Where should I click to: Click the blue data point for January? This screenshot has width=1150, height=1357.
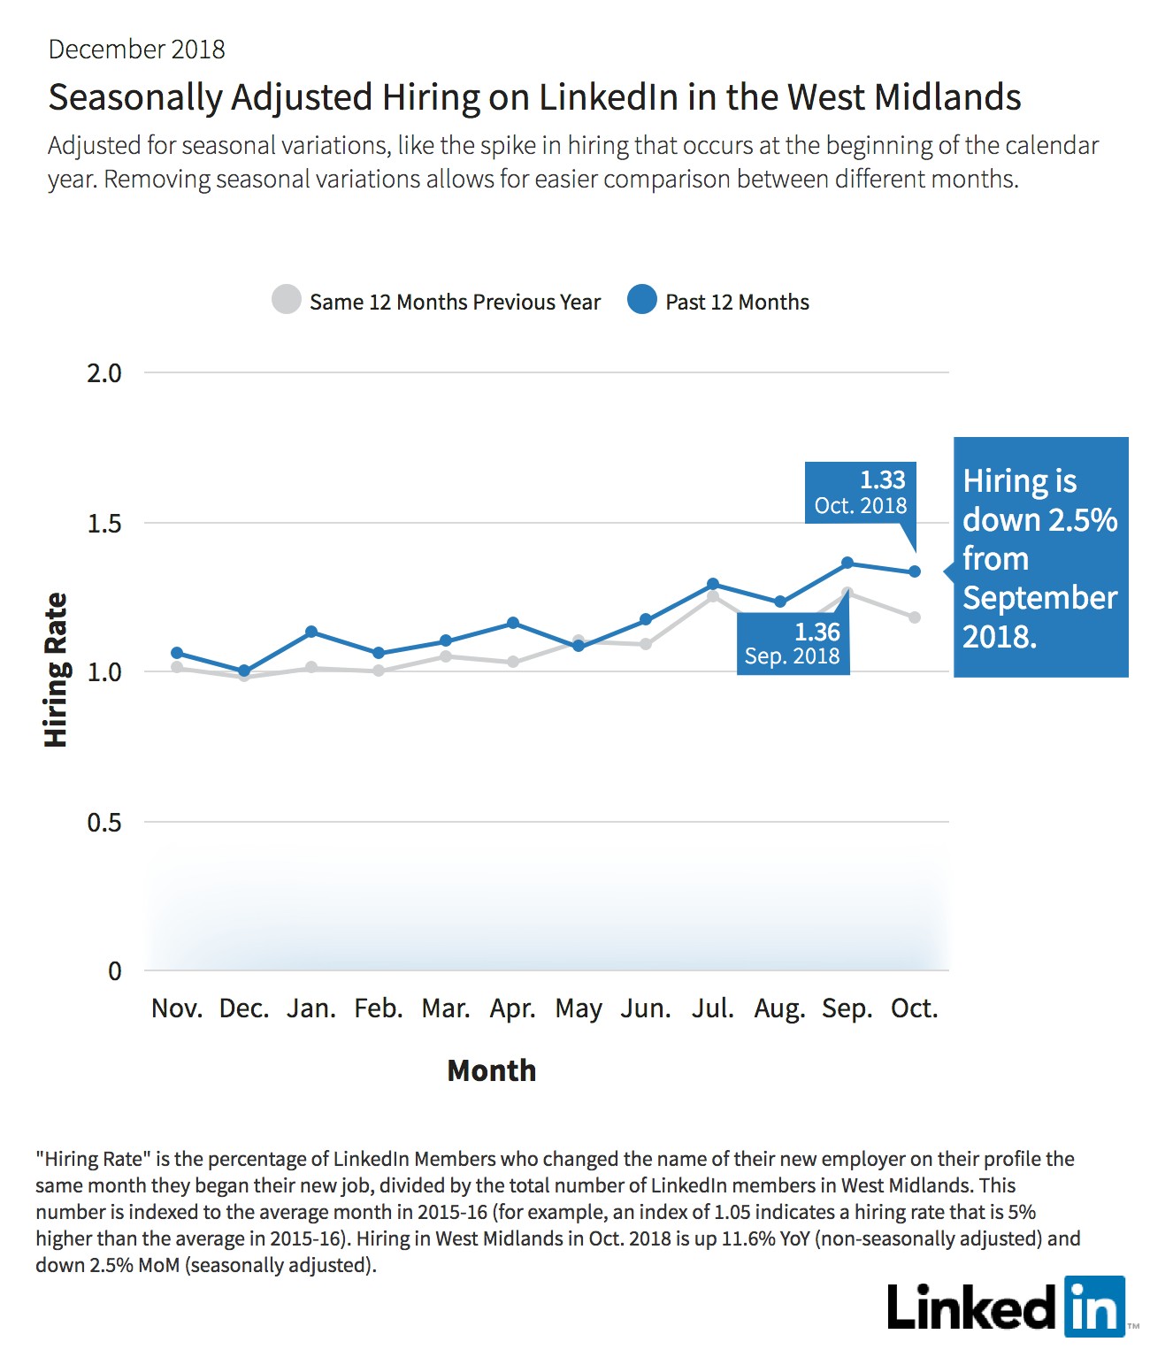[311, 632]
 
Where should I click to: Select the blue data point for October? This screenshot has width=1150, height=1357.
[915, 571]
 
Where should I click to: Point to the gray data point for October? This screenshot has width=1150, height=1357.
[915, 617]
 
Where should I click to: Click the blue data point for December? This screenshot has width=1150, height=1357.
[244, 671]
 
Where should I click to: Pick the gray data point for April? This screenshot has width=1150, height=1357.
[513, 662]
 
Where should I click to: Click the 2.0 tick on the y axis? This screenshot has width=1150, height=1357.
[104, 373]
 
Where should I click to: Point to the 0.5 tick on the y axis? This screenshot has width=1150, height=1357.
[104, 822]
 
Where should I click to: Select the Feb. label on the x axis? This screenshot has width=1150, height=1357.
[379, 1008]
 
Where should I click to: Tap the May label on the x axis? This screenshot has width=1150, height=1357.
[579, 1009]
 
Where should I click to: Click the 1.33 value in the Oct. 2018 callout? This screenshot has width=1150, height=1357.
[883, 480]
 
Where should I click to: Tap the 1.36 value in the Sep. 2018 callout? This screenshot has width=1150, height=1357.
[817, 632]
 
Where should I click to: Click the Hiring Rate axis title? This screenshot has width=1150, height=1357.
[56, 671]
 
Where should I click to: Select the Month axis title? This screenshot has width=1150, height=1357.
[492, 1070]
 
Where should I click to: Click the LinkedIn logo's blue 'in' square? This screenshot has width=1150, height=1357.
[1094, 1307]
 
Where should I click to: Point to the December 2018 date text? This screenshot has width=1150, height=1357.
[136, 50]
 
